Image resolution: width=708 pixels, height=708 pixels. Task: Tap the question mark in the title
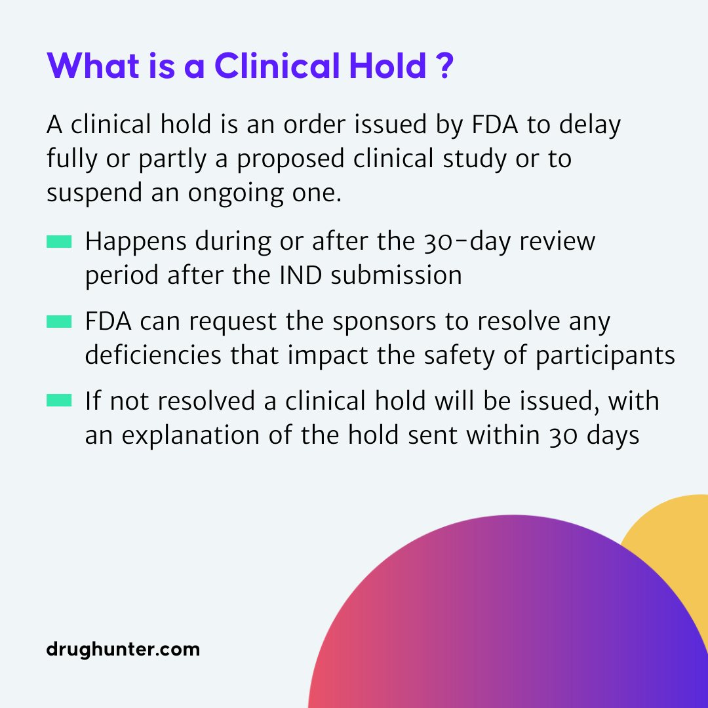(x=445, y=66)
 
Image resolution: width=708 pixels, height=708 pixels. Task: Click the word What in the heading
(x=93, y=66)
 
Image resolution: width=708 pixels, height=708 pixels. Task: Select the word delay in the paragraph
(x=590, y=125)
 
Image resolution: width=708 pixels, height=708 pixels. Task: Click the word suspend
(x=94, y=193)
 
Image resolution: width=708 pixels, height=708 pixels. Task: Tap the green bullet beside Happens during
(x=59, y=241)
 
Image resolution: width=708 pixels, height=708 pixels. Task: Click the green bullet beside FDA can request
(x=59, y=321)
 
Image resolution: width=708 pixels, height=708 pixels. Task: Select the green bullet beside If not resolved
(x=59, y=400)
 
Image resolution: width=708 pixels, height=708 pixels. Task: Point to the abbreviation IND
(x=301, y=275)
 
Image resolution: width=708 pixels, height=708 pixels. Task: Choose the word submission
(x=397, y=275)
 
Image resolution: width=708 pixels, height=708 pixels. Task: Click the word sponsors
(x=384, y=323)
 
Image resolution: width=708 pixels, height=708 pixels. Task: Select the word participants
(x=605, y=356)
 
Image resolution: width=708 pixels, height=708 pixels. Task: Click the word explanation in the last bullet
(x=191, y=436)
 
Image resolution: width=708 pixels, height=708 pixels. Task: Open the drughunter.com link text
(x=123, y=649)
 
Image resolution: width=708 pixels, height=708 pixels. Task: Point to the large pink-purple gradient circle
(x=508, y=623)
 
